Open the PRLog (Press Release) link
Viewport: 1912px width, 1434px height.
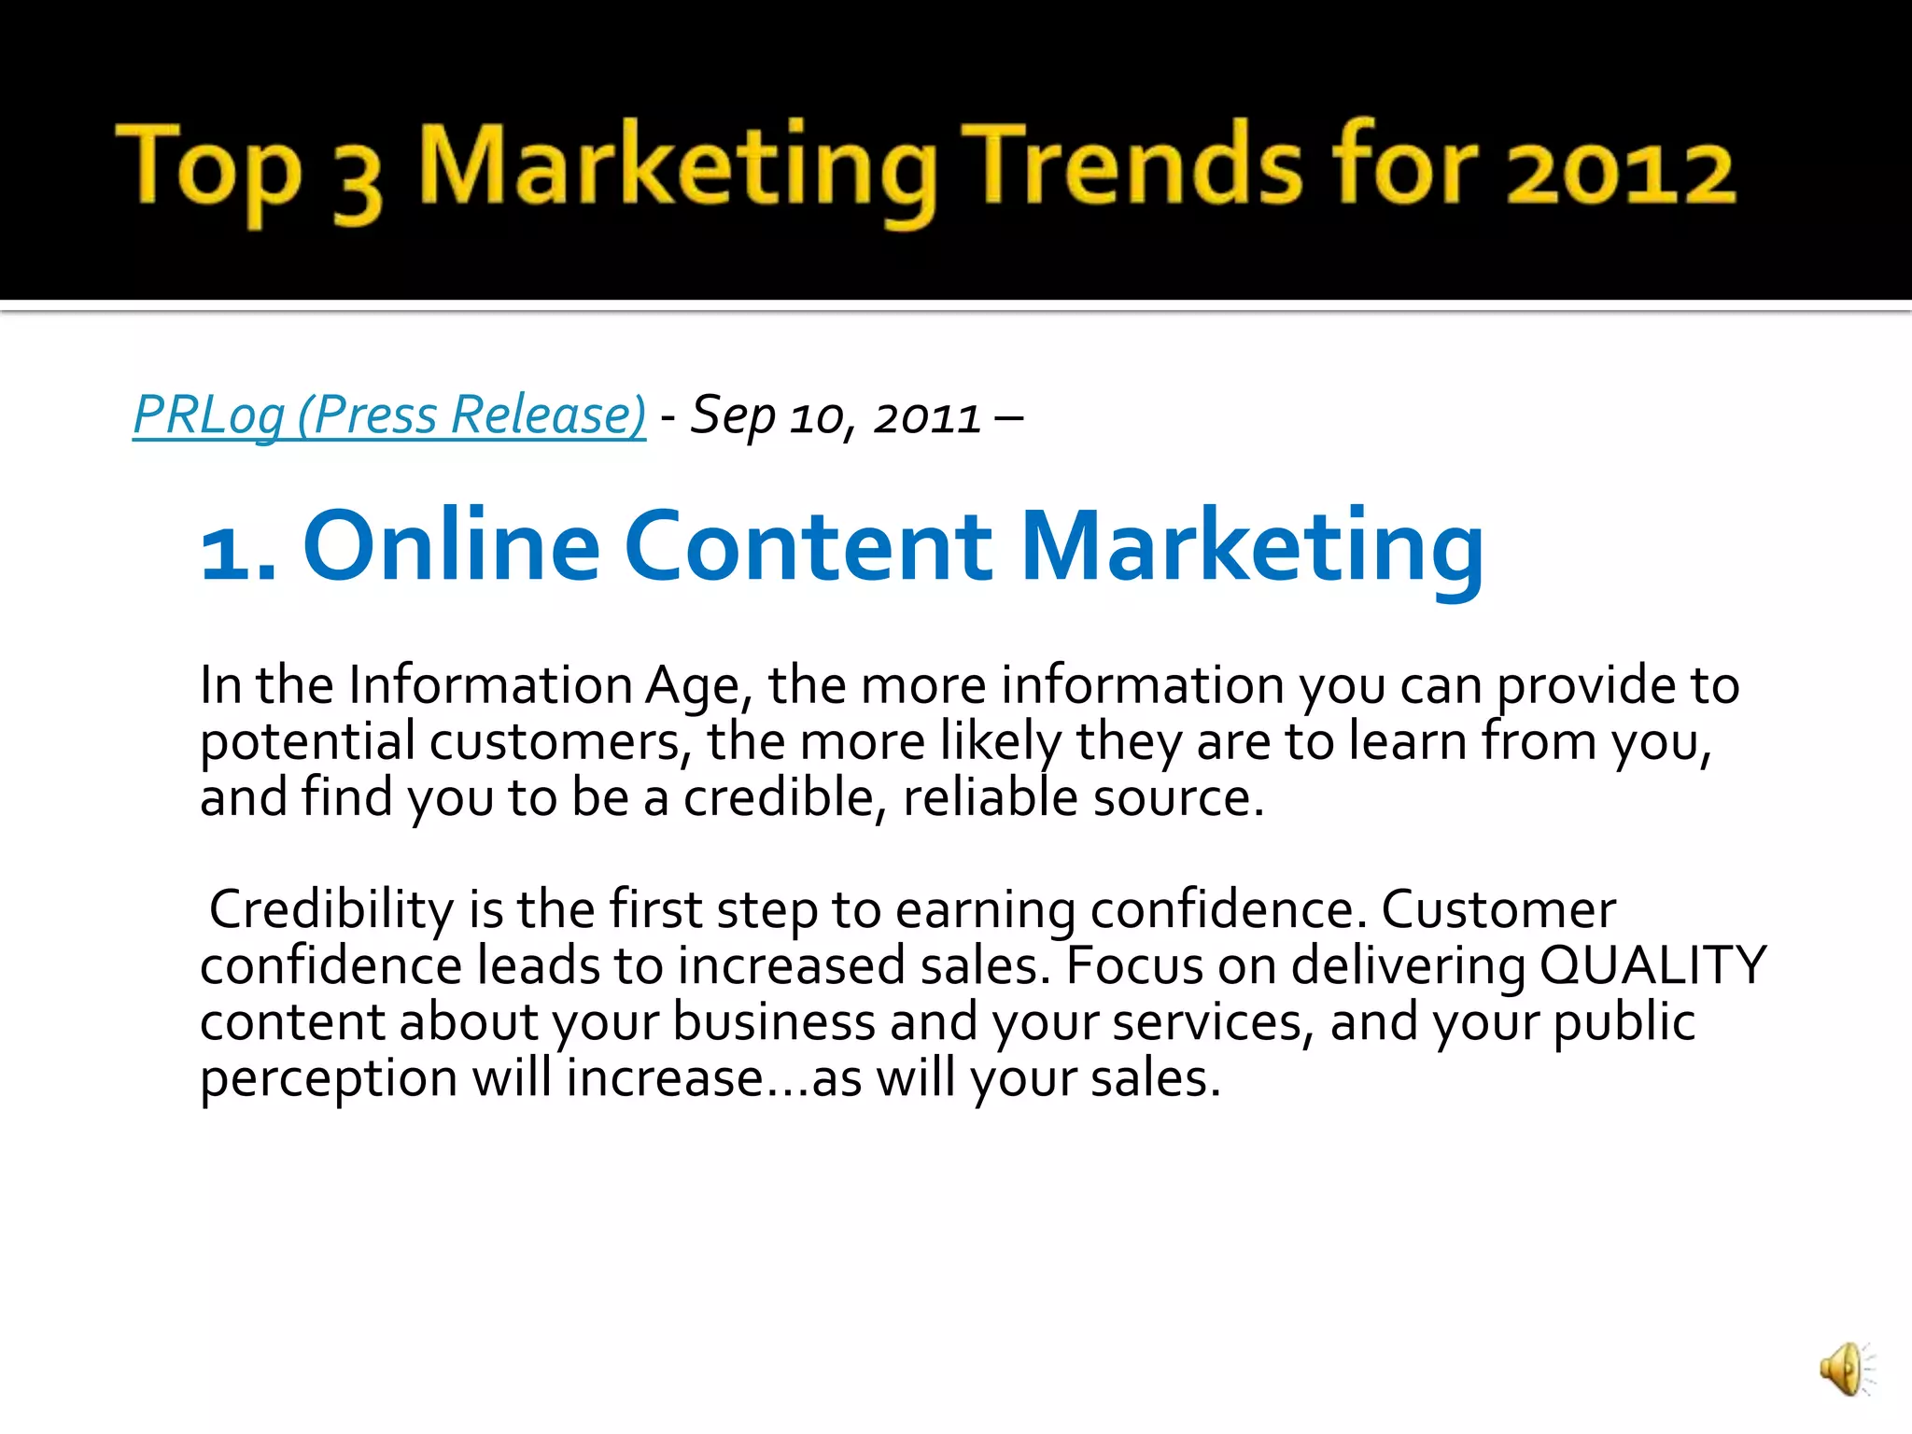pyautogui.click(x=389, y=415)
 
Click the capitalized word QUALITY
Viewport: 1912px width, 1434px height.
pyautogui.click(x=1652, y=965)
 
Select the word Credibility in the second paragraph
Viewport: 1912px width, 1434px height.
pyautogui.click(x=331, y=909)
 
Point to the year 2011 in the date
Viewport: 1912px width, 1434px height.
pyautogui.click(x=927, y=417)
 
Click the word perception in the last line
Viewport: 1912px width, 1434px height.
pyautogui.click(x=329, y=1079)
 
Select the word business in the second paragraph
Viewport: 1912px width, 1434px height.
pyautogui.click(x=773, y=1022)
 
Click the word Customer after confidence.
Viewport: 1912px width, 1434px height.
pyautogui.click(x=1497, y=909)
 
